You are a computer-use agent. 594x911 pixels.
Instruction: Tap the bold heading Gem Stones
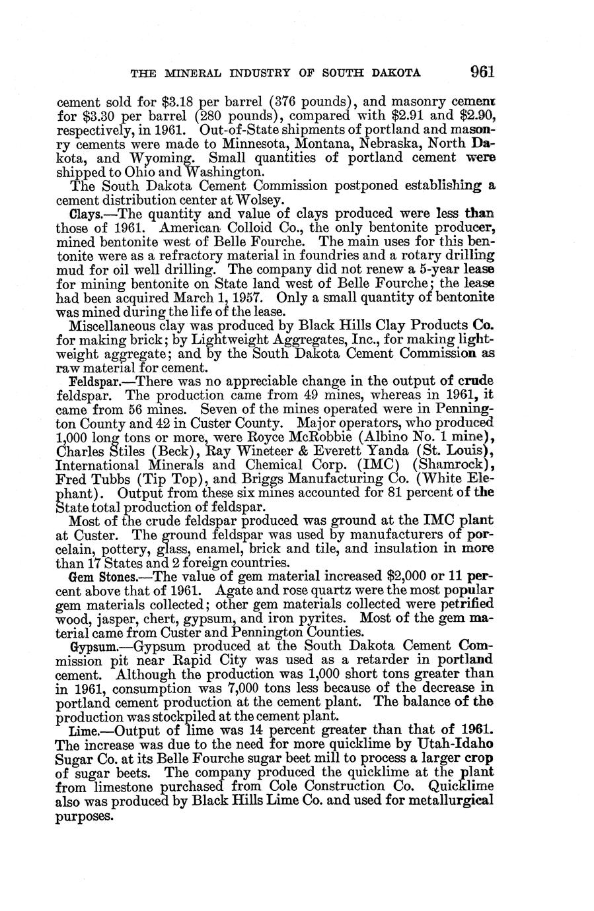coord(98,576)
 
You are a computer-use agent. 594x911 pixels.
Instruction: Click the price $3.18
coord(177,103)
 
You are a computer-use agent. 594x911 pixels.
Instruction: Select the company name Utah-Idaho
coord(455,744)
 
